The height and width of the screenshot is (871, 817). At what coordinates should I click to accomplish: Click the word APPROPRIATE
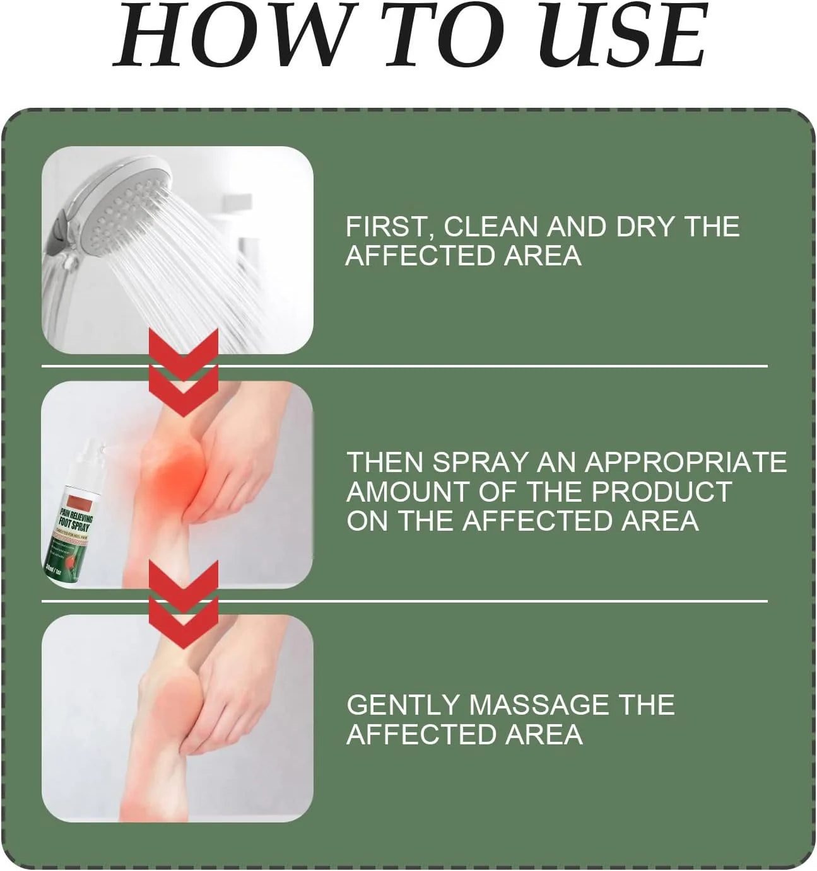point(686,462)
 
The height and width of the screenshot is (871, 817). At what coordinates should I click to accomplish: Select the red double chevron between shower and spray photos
point(184,372)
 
